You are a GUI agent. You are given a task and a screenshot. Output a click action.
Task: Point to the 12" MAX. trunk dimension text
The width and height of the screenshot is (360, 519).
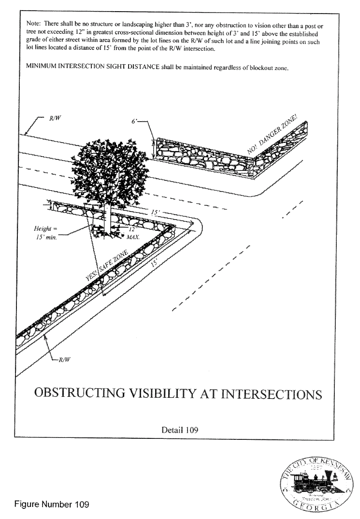pyautogui.click(x=132, y=233)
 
